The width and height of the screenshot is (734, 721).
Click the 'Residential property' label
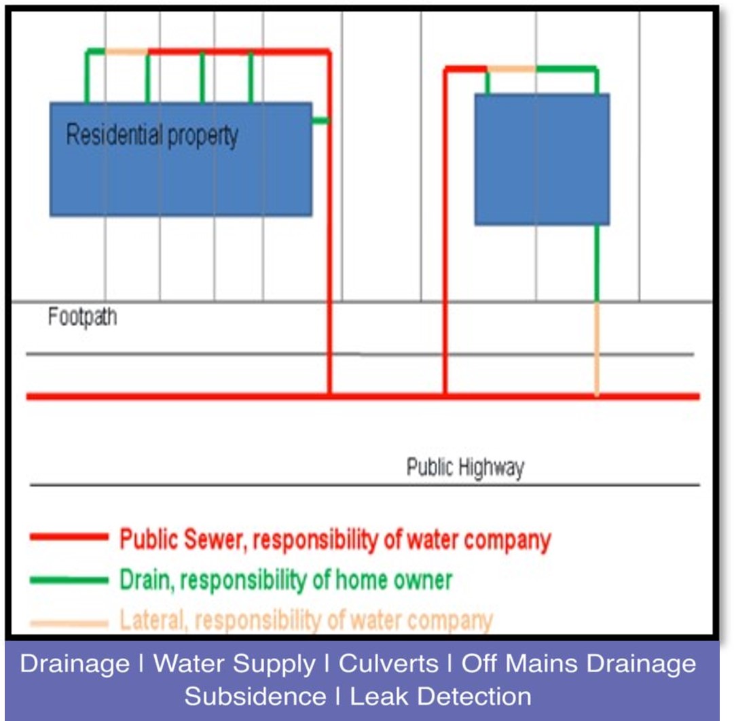pyautogui.click(x=152, y=135)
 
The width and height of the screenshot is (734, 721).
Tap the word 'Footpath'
pyautogui.click(x=82, y=317)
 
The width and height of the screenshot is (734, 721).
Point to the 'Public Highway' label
pyautogui.click(x=465, y=468)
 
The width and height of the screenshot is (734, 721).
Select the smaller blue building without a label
pyautogui.click(x=542, y=159)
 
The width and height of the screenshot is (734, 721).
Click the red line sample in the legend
pyautogui.click(x=69, y=538)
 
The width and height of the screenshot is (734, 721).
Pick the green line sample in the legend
pyautogui.click(x=69, y=580)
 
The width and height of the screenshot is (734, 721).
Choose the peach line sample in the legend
pyautogui.click(x=69, y=622)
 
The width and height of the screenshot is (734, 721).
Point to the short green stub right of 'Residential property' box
pyautogui.click(x=320, y=120)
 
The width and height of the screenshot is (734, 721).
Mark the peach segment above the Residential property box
pyautogui.click(x=126, y=52)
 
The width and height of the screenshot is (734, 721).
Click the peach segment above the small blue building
pyautogui.click(x=511, y=69)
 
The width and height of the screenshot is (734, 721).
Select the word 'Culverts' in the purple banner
pyautogui.click(x=388, y=664)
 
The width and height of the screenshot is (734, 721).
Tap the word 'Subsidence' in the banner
pyautogui.click(x=255, y=697)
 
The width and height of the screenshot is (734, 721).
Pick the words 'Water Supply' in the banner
pyautogui.click(x=234, y=664)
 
